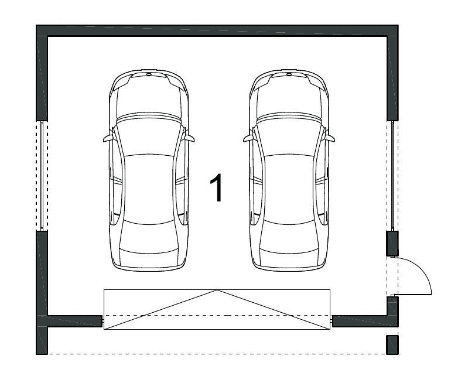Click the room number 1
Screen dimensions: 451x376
tap(216, 187)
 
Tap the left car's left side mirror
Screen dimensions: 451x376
tap(107, 138)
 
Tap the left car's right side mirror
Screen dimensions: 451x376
tap(190, 138)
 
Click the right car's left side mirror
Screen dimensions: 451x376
tap(248, 138)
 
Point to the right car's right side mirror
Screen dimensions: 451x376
tap(330, 138)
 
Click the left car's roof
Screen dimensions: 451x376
tap(149, 189)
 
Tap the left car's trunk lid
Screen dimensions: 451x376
tap(149, 259)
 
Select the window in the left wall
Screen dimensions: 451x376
tap(42, 176)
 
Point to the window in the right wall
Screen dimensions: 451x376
tap(392, 176)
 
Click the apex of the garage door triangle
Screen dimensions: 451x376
tap(217, 290)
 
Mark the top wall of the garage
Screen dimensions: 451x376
tap(217, 30)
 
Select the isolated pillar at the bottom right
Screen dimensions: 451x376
tap(392, 344)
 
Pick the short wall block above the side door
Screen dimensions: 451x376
tap(392, 244)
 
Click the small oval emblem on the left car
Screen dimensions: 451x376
tap(149, 74)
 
